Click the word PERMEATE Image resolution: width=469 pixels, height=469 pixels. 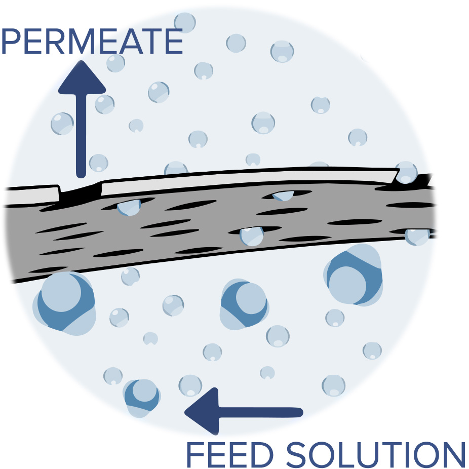point(91,42)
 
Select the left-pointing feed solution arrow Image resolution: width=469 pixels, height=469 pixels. point(243,411)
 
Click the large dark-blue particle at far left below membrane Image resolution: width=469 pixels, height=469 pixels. point(63,303)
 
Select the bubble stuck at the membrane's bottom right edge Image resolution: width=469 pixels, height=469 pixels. point(417,236)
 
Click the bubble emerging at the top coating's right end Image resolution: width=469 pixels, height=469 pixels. point(406,173)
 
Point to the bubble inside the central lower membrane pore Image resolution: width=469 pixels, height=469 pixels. point(252,236)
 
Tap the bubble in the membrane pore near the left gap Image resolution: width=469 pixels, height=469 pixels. point(129,207)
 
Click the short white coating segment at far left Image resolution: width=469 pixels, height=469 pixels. point(30,194)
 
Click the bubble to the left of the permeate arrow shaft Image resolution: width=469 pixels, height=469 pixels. point(62,124)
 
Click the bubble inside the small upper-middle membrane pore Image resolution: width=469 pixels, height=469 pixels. point(283,196)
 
